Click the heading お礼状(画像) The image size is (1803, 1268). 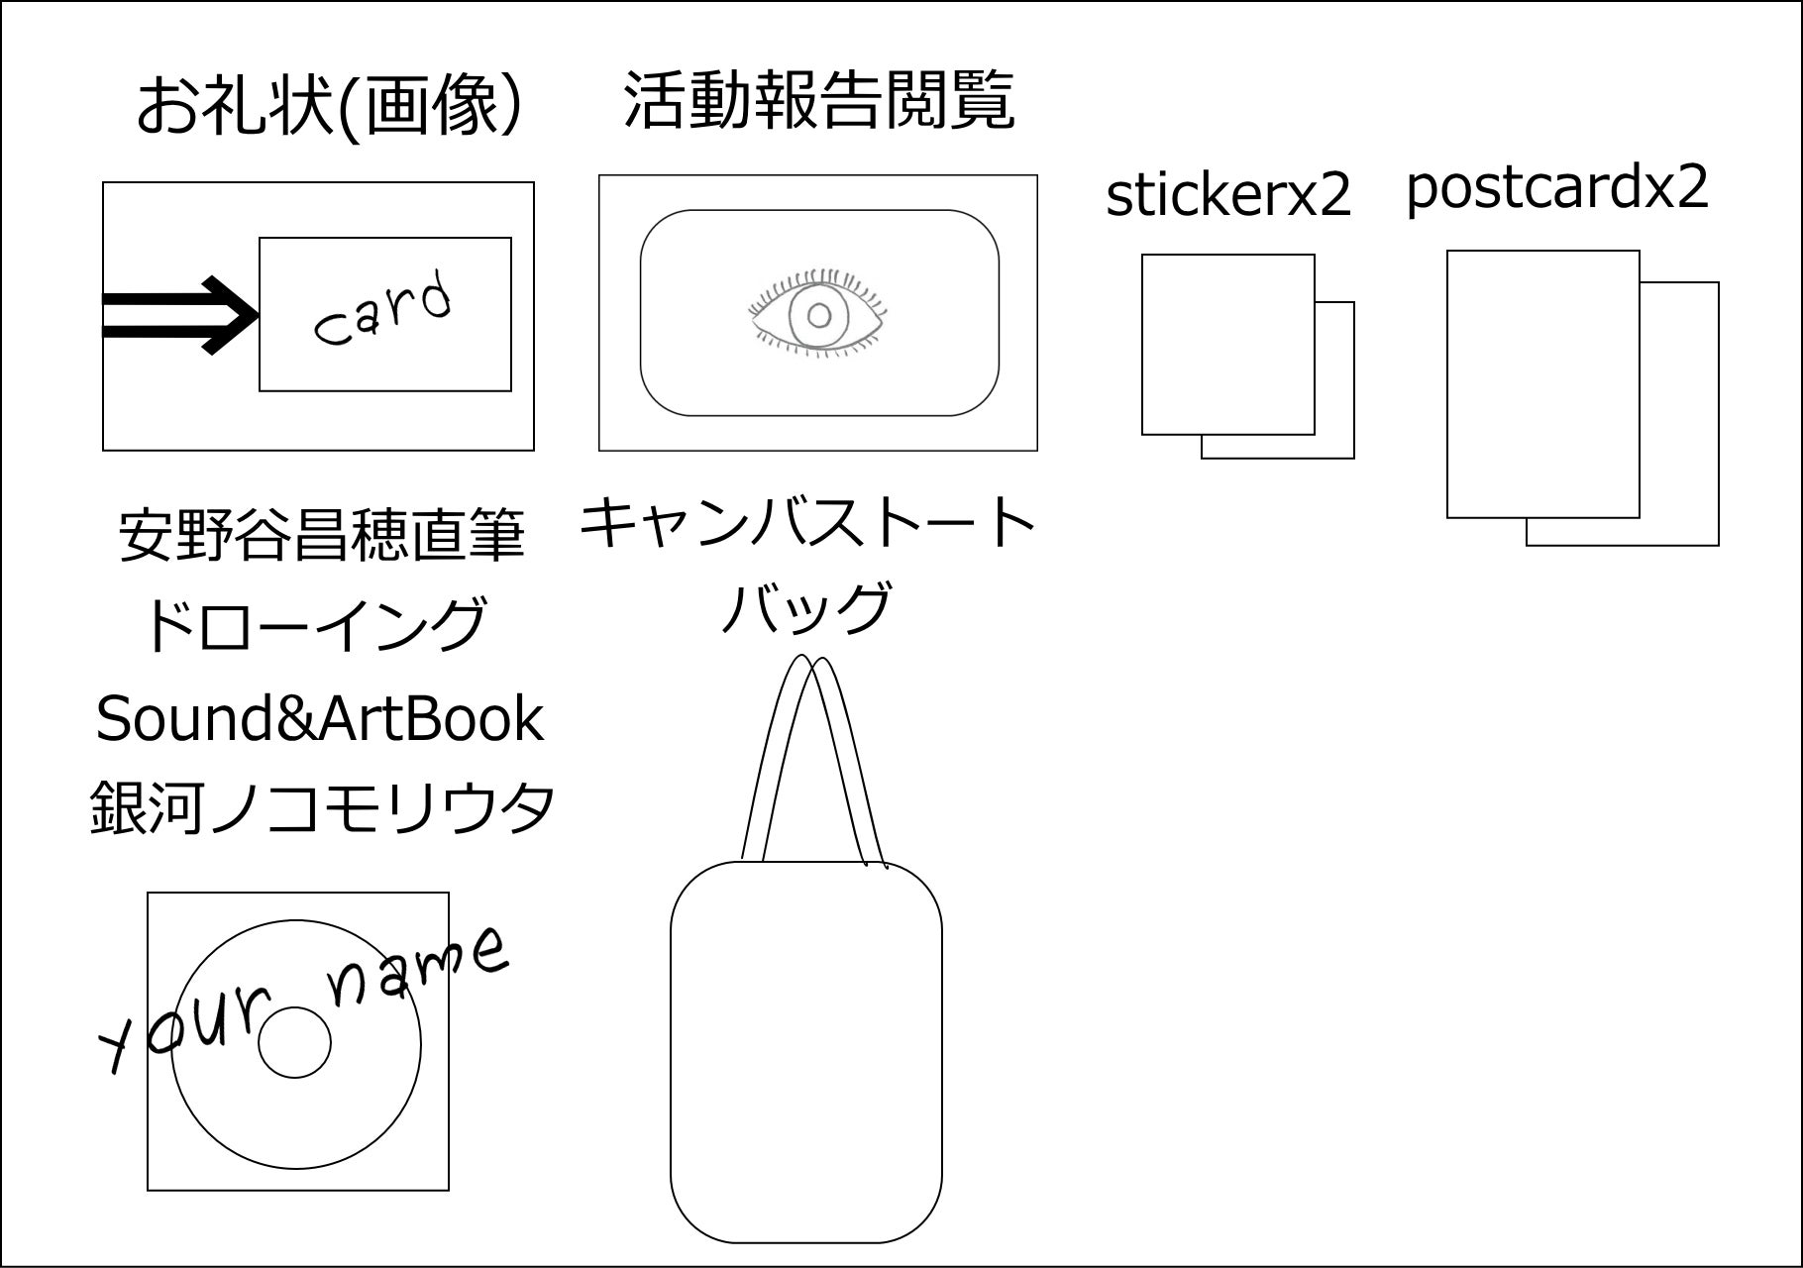tap(328, 107)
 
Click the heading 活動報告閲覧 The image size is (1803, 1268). tap(818, 101)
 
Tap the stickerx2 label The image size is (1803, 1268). tap(1228, 195)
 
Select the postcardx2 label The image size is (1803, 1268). tap(1557, 187)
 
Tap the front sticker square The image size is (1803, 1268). tap(1227, 344)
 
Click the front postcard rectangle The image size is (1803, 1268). tap(1542, 384)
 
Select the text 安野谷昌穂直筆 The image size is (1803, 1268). tap(321, 536)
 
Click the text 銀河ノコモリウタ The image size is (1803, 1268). tap(323, 808)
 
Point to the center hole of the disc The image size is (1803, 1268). tap(294, 1043)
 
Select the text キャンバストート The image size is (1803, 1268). tap(806, 524)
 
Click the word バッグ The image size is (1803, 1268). tap(805, 609)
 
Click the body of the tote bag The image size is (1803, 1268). tap(805, 1050)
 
